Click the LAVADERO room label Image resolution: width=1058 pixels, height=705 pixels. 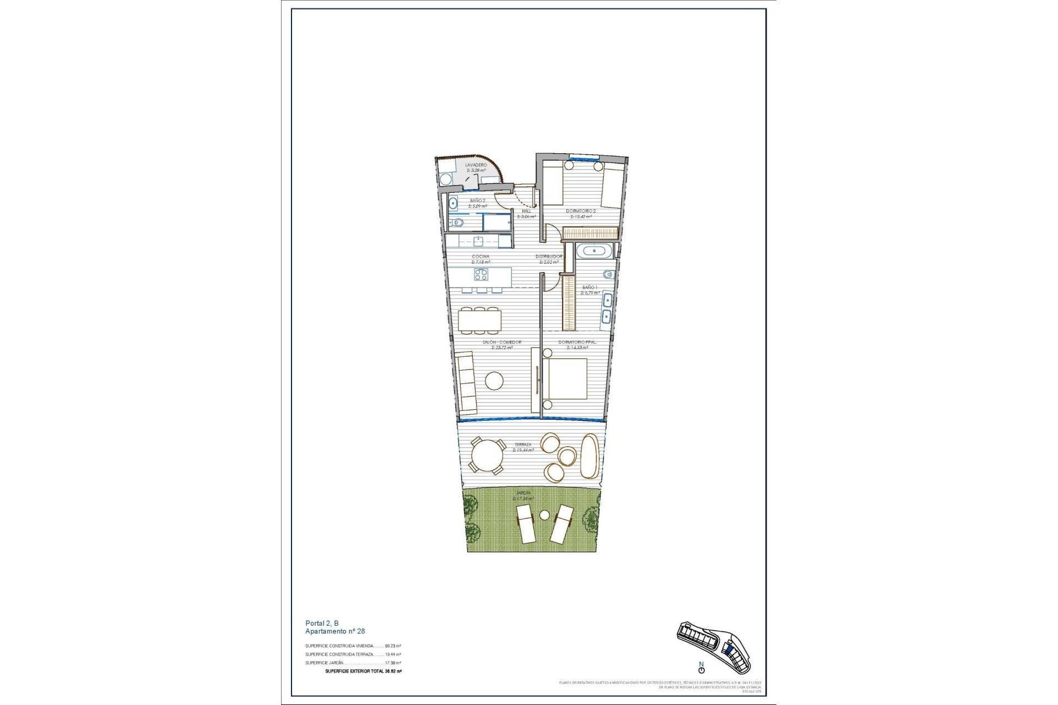[x=476, y=165]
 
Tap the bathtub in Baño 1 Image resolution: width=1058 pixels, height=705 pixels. [x=593, y=252]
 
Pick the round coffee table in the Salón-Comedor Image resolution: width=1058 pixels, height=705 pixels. [x=494, y=381]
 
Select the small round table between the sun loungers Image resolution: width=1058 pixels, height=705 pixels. [x=544, y=515]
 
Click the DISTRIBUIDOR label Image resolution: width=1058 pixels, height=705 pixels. [x=549, y=257]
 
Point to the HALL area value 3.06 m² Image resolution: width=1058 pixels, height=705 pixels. [x=526, y=216]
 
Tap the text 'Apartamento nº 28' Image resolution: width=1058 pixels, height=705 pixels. [x=335, y=631]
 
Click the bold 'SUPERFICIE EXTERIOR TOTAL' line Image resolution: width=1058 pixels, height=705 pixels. [x=363, y=671]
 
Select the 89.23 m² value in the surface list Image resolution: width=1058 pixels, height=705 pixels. [x=393, y=646]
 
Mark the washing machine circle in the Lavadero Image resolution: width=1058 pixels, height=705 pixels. [x=445, y=179]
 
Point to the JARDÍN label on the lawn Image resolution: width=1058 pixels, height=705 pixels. [x=523, y=493]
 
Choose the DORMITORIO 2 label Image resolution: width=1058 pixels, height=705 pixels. [x=581, y=210]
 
